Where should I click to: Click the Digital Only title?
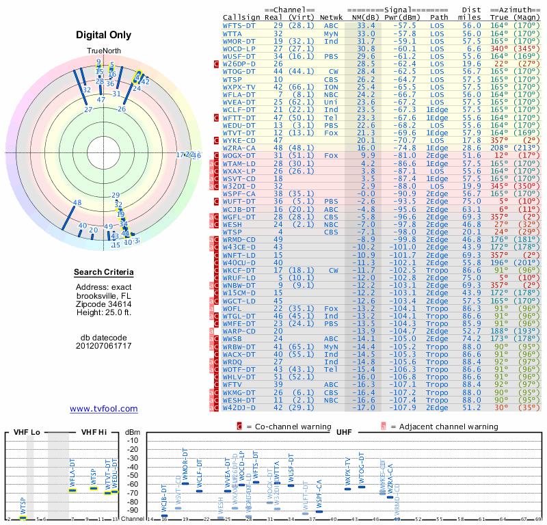[x=104, y=35]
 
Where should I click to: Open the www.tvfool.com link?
[x=104, y=409]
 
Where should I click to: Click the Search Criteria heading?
[x=104, y=273]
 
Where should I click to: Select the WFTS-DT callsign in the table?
[x=241, y=25]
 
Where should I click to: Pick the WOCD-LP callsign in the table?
[x=241, y=49]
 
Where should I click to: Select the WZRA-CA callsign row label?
[x=241, y=147]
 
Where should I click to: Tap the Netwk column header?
[x=332, y=16]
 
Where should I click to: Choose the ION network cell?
[x=331, y=87]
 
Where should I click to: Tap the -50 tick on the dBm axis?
[x=133, y=475]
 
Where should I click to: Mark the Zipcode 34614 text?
[x=104, y=304]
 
